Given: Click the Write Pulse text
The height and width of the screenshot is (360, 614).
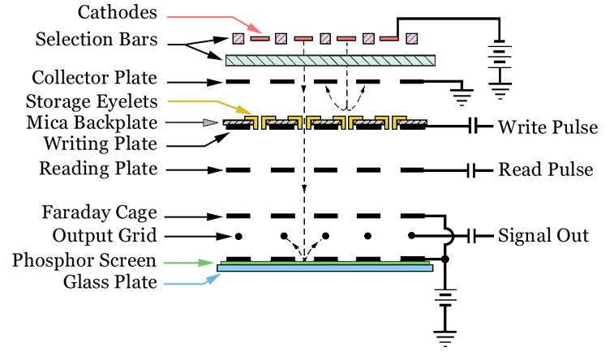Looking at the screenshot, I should tap(547, 127).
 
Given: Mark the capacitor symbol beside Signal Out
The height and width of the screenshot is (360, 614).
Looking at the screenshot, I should tap(473, 236).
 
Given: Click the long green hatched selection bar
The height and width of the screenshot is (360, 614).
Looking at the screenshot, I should tap(330, 60).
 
